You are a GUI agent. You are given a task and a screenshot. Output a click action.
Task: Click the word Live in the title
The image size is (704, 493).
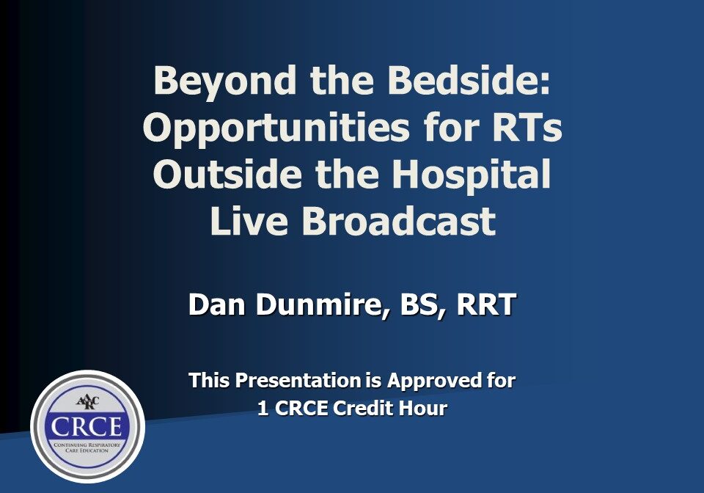[x=250, y=222]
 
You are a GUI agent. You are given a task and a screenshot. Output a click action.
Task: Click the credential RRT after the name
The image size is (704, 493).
[x=486, y=305]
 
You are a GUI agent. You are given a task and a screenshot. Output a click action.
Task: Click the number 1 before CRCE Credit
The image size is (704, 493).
[x=263, y=409]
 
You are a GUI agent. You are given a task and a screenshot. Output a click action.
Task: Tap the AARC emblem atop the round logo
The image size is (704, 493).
[x=87, y=403]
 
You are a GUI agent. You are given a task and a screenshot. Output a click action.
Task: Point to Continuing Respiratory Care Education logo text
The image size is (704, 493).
[x=87, y=448]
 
